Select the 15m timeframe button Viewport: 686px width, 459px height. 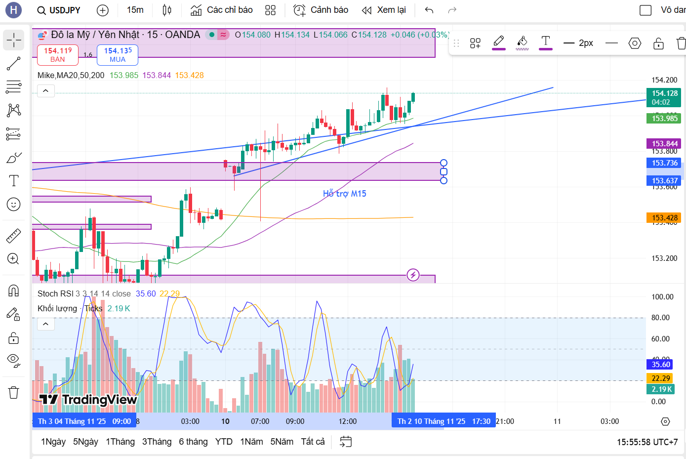coord(135,10)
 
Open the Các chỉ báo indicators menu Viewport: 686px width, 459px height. coord(222,10)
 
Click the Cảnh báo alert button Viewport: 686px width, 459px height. coord(321,10)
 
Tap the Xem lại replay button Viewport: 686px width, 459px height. coord(384,10)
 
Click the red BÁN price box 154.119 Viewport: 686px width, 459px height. coord(58,55)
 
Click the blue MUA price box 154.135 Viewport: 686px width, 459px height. coord(118,55)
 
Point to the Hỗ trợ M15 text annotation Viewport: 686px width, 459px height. coord(345,194)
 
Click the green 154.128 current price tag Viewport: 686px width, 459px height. coord(664,97)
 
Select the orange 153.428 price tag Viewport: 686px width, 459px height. coord(664,218)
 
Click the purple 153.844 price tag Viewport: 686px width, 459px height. coord(664,144)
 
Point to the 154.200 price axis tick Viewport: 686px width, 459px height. coord(664,80)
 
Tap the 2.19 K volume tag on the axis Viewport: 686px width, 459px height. coord(662,389)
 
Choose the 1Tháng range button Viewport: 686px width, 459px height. coord(120,442)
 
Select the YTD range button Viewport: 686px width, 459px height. coord(224,442)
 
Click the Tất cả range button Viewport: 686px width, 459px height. coord(313,442)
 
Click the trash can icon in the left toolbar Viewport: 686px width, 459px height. coord(14,393)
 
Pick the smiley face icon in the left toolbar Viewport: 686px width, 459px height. coord(14,204)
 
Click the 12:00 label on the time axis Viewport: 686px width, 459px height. coord(348,421)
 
